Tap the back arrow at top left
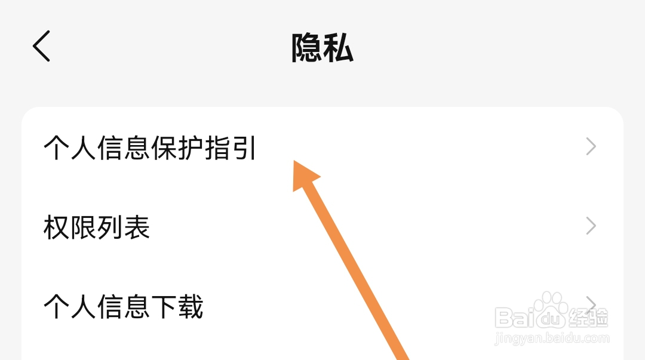42,47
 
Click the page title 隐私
322,48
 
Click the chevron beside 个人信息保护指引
591,147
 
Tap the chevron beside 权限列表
591,226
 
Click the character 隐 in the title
306,48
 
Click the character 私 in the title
338,48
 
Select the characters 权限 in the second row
70,227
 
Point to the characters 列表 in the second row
124,227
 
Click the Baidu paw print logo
550,309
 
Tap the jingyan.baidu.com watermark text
552,338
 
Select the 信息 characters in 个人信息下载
124,307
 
